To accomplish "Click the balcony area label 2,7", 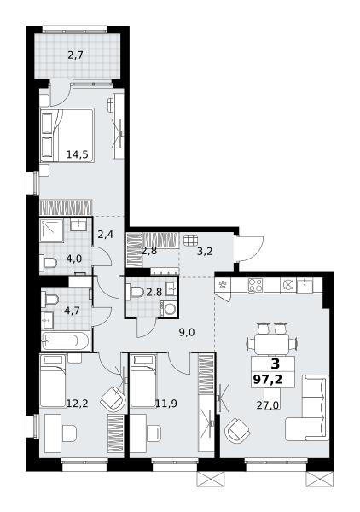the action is pos(75,55).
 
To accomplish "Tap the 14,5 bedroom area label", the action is pos(78,154).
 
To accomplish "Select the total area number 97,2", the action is pos(267,380).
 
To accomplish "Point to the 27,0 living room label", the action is pos(267,405).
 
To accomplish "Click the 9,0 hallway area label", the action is pos(187,333).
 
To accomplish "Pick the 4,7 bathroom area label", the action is pos(72,311).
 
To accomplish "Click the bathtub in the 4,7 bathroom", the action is pos(66,340).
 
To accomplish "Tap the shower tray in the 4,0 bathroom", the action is pos(51,231).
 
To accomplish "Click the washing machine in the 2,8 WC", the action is pos(169,309).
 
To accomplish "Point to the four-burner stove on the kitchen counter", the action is pos(255,285).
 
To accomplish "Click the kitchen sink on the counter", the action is pos(305,285).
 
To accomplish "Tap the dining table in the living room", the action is pos(272,344).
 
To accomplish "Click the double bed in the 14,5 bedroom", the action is pos(67,135).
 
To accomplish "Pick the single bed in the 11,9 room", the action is pos(143,381).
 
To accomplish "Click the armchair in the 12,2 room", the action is pos(113,399).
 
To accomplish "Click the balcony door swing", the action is pos(61,94).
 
